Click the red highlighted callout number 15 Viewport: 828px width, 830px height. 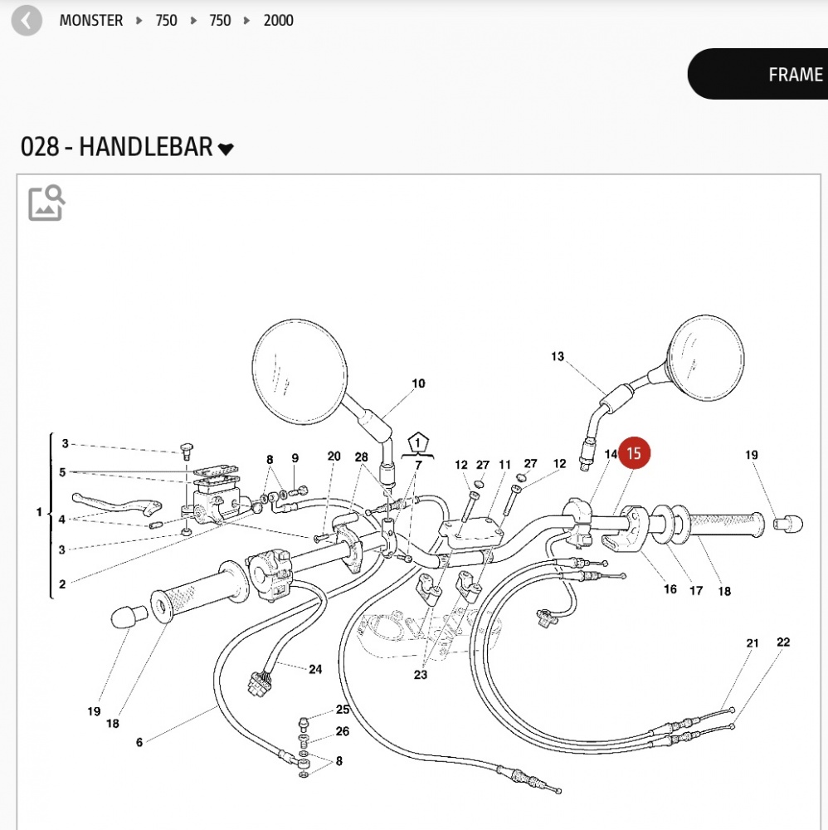pyautogui.click(x=634, y=453)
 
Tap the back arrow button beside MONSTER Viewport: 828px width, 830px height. pyautogui.click(x=26, y=20)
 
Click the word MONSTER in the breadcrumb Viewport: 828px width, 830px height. pyautogui.click(x=91, y=20)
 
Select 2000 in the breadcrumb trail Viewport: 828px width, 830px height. pyautogui.click(x=278, y=20)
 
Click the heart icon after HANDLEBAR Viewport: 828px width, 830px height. pyautogui.click(x=226, y=149)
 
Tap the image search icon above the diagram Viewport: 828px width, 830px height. pyautogui.click(x=46, y=203)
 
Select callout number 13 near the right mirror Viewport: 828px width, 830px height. pyautogui.click(x=557, y=357)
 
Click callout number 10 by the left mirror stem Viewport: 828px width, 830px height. pyautogui.click(x=418, y=383)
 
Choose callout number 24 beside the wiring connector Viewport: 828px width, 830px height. pyautogui.click(x=315, y=669)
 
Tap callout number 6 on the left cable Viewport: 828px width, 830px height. pyautogui.click(x=139, y=742)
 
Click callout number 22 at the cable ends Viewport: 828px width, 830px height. pyautogui.click(x=783, y=642)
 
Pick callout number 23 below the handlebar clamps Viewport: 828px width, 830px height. pyautogui.click(x=421, y=675)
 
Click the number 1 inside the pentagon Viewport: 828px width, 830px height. pyautogui.click(x=419, y=442)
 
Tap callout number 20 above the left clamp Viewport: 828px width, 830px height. pyautogui.click(x=334, y=456)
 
